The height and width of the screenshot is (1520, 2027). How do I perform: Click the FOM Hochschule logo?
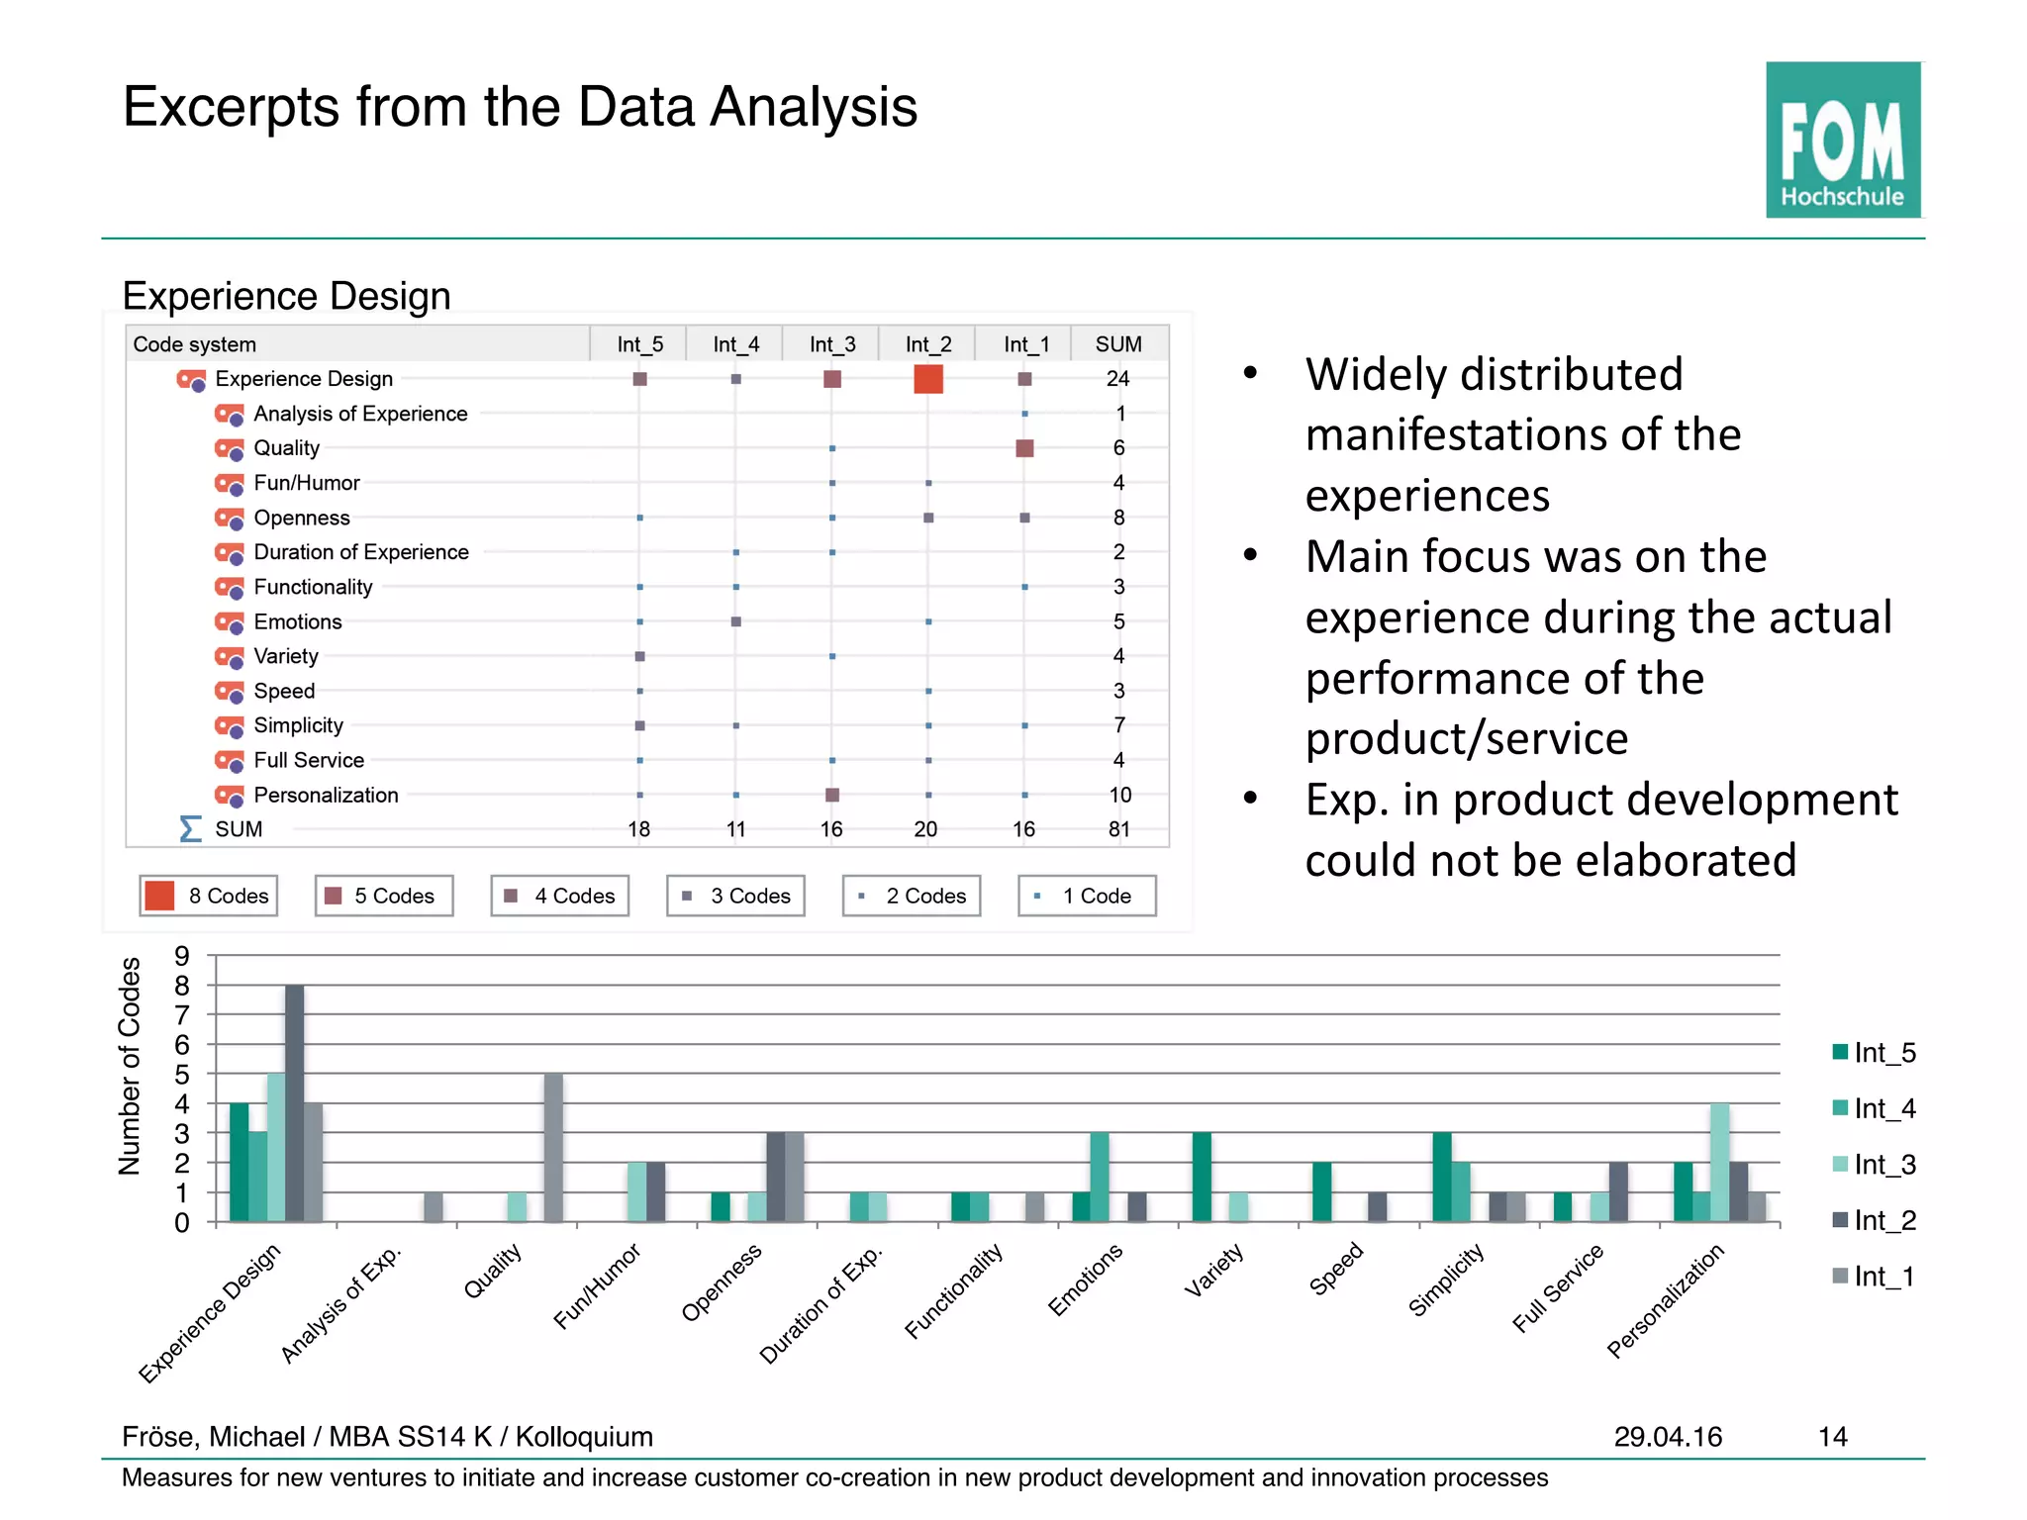point(1842,140)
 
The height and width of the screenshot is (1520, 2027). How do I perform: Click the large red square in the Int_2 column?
point(927,379)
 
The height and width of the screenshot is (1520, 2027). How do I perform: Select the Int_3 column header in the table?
point(831,344)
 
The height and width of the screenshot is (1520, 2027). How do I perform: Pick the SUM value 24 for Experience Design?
point(1117,379)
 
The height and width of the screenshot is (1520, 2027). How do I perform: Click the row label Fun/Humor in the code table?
point(306,483)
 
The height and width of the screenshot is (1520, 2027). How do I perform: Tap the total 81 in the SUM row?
point(1118,829)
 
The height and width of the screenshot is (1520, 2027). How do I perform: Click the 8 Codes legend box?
point(208,896)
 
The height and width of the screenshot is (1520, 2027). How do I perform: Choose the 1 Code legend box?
point(1086,896)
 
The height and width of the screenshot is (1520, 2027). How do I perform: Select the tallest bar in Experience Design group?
point(295,1102)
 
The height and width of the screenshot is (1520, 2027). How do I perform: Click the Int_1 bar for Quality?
point(553,1147)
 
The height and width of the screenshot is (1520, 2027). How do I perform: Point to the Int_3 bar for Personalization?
point(1719,1162)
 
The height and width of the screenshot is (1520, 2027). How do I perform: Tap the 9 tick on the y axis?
point(182,956)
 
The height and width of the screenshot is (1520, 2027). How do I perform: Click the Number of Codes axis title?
point(130,1066)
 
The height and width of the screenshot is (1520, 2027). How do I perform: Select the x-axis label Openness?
point(722,1282)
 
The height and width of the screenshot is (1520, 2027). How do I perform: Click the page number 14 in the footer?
point(1832,1437)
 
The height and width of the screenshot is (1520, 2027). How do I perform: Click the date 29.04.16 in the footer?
point(1668,1437)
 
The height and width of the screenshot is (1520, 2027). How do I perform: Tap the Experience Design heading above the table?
point(286,296)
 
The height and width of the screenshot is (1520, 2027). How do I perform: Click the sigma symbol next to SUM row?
point(190,828)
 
